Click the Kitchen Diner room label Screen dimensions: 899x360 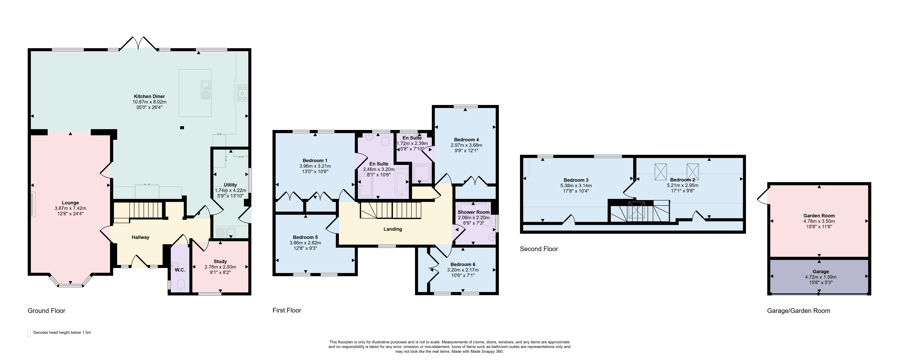pyautogui.click(x=149, y=96)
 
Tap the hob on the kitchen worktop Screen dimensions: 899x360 pyautogui.click(x=242, y=93)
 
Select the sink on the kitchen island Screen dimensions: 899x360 pyautogui.click(x=205, y=89)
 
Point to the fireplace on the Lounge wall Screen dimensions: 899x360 pyautogui.click(x=33, y=204)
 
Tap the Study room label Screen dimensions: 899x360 pyautogui.click(x=220, y=261)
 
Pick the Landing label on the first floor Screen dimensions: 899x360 pyautogui.click(x=393, y=229)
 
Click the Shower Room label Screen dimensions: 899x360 pyautogui.click(x=474, y=212)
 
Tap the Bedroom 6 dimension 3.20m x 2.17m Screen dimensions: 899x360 pyautogui.click(x=463, y=270)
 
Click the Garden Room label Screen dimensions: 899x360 pyautogui.click(x=819, y=216)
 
